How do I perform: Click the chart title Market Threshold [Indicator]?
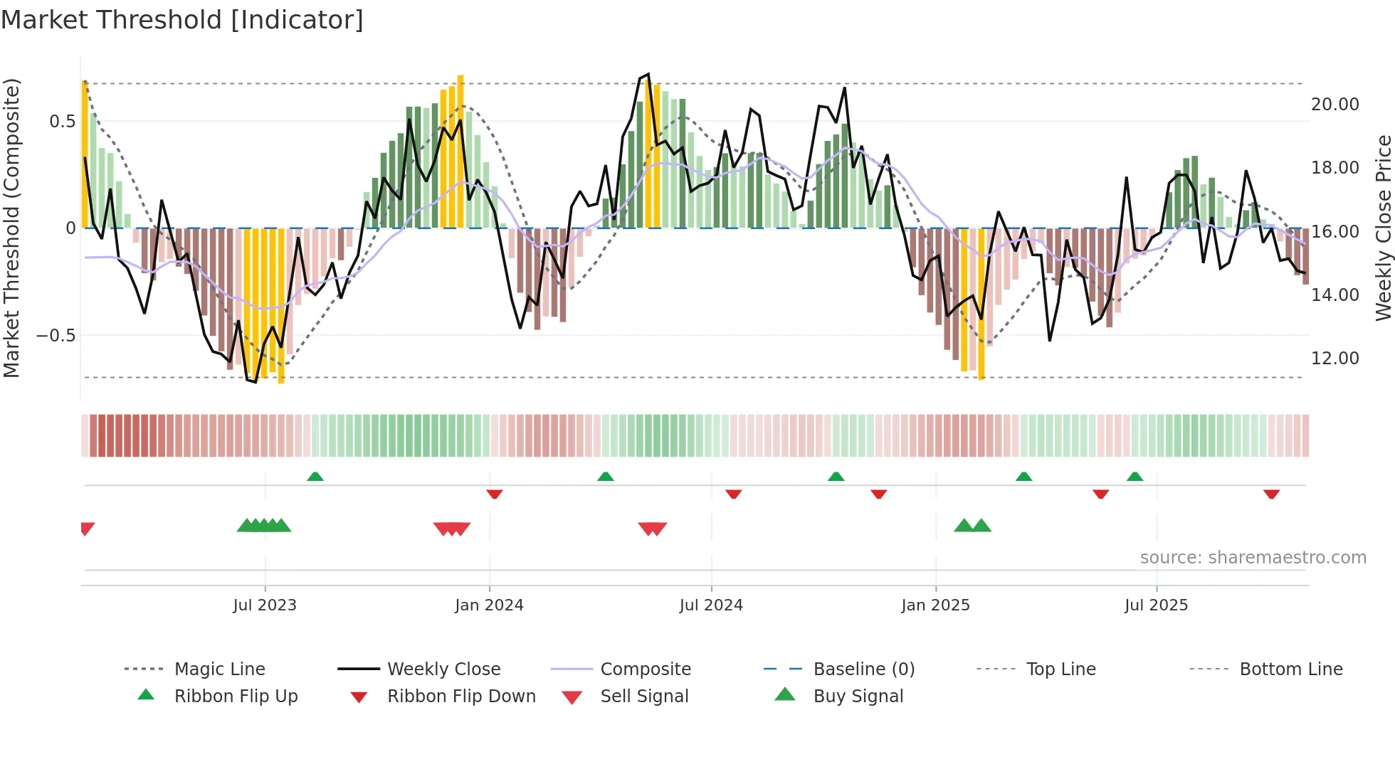(182, 20)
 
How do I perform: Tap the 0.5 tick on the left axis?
(63, 122)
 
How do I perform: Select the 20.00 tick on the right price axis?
(1335, 105)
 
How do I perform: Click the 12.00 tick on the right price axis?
(1335, 359)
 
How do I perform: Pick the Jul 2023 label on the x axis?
(265, 605)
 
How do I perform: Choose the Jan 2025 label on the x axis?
(935, 605)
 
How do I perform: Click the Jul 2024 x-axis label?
(711, 605)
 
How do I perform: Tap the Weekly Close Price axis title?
(1383, 228)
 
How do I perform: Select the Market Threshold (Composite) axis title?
(11, 228)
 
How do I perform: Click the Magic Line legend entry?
(219, 669)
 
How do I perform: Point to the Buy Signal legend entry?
(858, 696)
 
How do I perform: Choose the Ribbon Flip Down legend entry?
(461, 696)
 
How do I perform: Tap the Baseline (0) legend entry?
(863, 669)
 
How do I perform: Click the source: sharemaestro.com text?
(1253, 558)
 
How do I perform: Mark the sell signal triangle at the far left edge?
(87, 529)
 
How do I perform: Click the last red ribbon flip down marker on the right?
(1271, 494)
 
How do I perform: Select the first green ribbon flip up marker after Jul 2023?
(315, 476)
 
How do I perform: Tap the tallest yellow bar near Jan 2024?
(460, 151)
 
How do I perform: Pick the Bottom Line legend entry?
(1290, 669)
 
